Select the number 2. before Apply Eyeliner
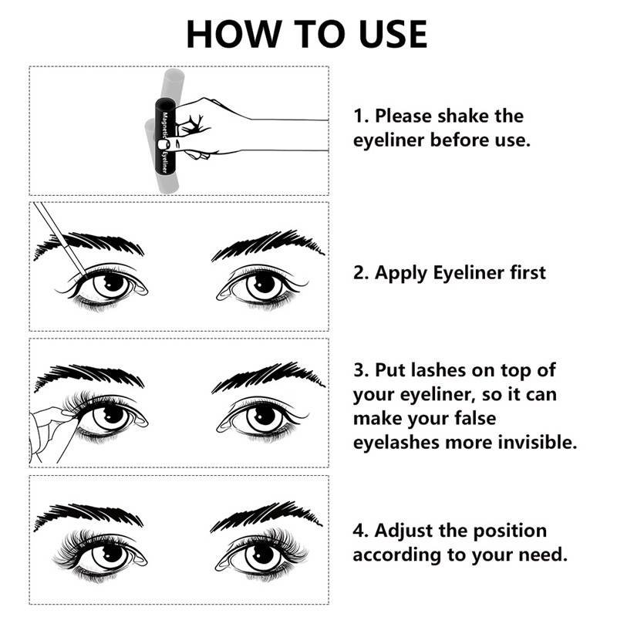click(361, 272)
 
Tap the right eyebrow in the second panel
click(266, 243)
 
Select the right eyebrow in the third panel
click(266, 378)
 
